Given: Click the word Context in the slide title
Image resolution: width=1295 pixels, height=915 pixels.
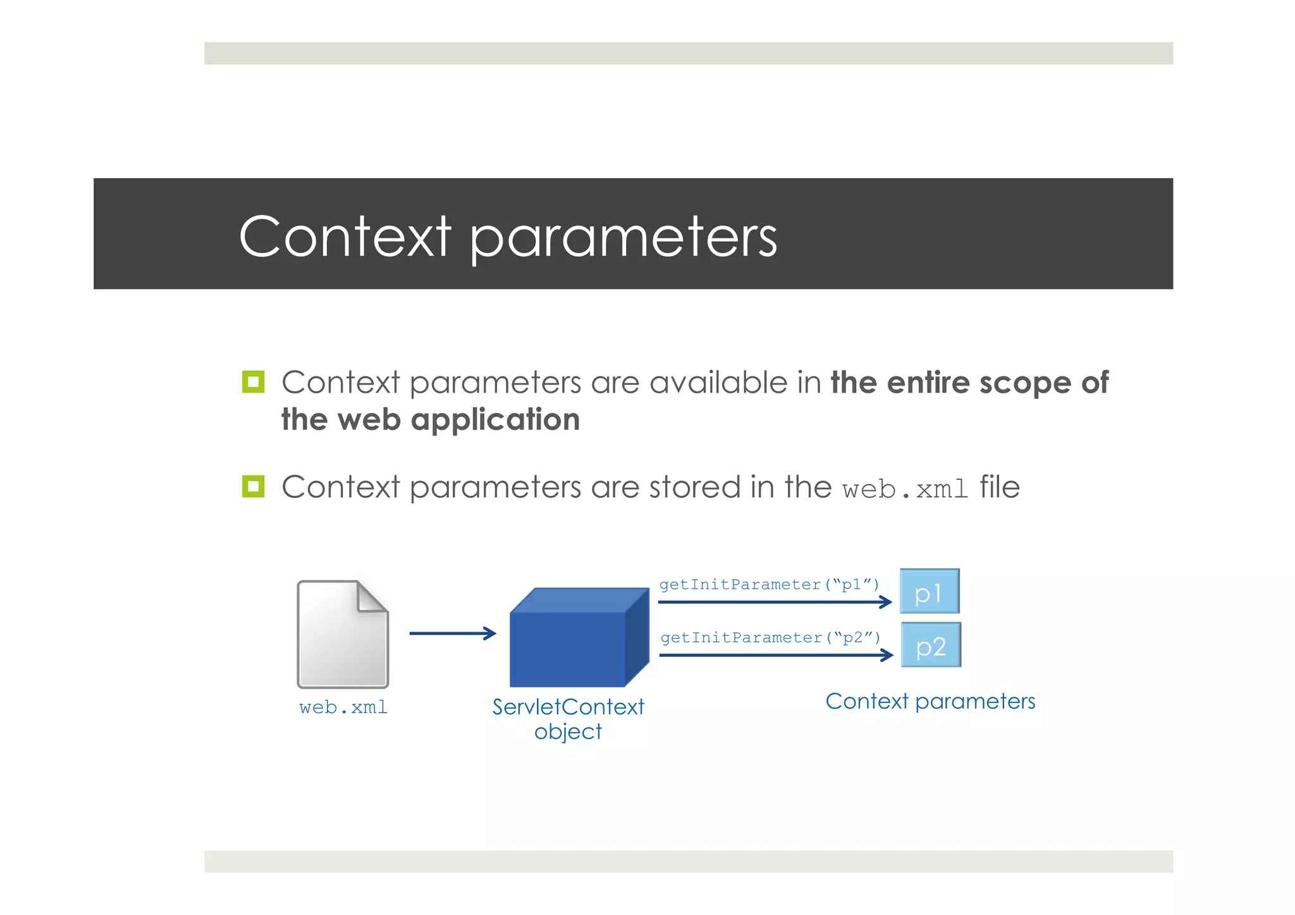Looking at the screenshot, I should tap(345, 236).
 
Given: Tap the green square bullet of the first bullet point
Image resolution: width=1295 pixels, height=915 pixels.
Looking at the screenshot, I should tap(253, 382).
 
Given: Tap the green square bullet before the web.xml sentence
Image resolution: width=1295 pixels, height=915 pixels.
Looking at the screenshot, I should tap(253, 486).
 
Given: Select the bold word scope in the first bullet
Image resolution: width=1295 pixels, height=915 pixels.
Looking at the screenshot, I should tap(1024, 383).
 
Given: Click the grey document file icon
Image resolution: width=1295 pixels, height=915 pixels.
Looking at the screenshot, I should tap(341, 639).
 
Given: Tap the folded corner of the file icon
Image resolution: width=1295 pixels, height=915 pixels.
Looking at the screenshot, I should tap(372, 596).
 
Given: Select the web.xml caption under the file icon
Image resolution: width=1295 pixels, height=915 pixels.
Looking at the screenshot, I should tap(343, 707).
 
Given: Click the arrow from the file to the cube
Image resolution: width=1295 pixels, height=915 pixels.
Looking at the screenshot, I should tap(452, 633).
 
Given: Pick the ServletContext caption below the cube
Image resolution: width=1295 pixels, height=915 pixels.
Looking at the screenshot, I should tap(568, 707).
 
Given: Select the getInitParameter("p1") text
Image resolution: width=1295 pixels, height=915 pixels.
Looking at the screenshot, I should tap(769, 584).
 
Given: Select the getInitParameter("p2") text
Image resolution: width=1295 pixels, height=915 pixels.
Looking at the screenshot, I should tap(770, 637).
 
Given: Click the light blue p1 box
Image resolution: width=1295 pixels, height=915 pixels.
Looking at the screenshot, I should tap(929, 591).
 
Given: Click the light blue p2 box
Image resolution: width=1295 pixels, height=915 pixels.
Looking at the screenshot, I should tap(930, 645).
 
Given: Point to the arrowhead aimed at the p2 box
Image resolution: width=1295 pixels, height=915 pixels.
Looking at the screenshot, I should tap(887, 655).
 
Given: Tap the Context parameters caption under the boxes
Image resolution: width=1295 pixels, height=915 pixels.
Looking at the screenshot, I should tap(930, 701).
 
